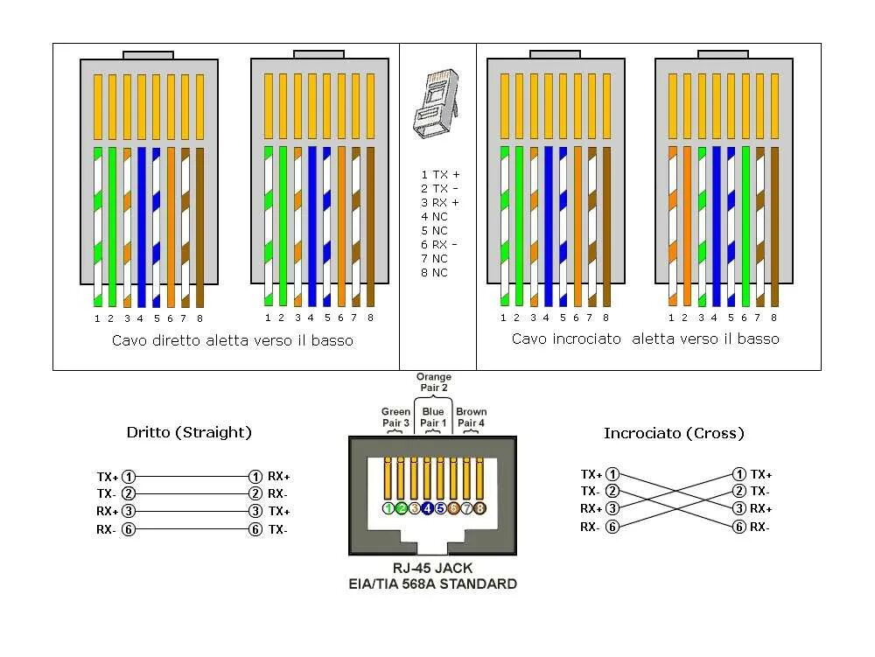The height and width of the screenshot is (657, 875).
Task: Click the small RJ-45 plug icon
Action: pos(437,106)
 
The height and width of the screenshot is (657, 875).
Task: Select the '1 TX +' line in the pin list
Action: pos(439,175)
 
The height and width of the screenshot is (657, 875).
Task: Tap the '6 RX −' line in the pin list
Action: pos(439,245)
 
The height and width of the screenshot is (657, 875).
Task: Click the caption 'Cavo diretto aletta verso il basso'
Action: pos(233,340)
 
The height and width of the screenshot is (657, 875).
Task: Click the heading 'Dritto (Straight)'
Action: pos(189,432)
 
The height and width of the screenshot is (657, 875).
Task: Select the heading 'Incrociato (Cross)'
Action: pos(674,433)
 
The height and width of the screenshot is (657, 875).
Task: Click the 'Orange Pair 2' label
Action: pos(433,381)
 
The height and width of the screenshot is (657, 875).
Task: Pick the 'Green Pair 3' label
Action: pos(395,416)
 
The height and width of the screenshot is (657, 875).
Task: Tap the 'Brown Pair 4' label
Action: pos(472,416)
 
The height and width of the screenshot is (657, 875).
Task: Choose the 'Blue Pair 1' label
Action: pos(433,416)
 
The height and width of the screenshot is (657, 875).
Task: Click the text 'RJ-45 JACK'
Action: pos(433,569)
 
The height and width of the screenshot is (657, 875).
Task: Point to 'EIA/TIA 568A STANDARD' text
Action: pos(433,584)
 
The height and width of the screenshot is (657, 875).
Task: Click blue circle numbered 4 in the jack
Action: pos(427,508)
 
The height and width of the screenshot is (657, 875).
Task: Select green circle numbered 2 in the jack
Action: pos(402,508)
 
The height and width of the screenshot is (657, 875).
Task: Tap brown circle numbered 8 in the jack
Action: pos(479,508)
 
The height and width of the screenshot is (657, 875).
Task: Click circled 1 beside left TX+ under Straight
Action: pos(129,477)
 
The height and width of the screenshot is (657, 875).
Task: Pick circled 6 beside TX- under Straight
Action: pos(255,529)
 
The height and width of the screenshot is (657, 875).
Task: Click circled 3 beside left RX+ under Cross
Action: pos(612,508)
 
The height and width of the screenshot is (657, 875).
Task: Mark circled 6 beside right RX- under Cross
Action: pos(739,527)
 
